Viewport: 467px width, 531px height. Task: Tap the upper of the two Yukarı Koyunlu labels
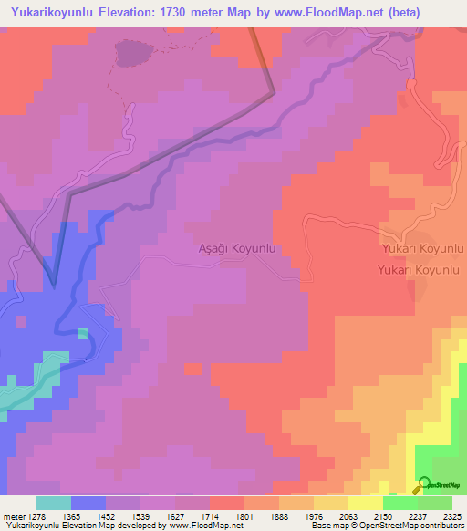[x=424, y=248]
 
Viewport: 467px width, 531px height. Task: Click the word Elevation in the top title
[x=139, y=13]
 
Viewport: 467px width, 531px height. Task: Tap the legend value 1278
[x=37, y=515]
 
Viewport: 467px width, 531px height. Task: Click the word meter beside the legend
[x=12, y=515]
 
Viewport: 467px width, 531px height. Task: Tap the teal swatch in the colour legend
[x=54, y=503]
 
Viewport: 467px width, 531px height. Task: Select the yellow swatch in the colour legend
[x=365, y=503]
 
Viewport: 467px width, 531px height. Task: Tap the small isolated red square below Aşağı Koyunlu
[x=192, y=369]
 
